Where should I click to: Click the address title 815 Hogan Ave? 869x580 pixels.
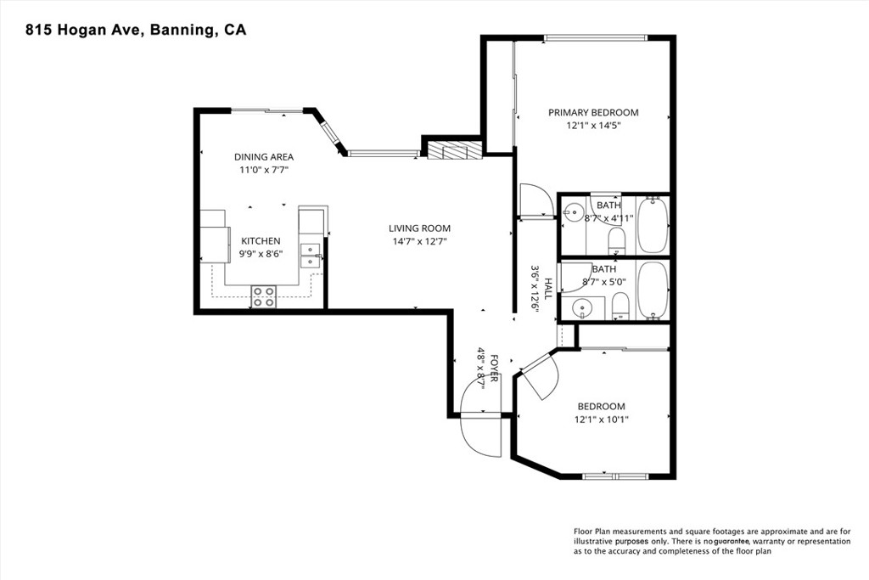coord(85,30)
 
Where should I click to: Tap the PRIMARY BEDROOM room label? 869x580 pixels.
coord(593,113)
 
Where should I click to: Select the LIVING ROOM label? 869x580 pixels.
coord(419,228)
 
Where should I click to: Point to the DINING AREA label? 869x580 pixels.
coord(264,157)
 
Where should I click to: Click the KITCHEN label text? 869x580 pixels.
coord(261,241)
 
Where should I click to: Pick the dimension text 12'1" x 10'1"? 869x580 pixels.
coord(602,420)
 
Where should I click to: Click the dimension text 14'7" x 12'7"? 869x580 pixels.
coord(419,241)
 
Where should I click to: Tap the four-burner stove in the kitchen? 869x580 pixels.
coord(264,296)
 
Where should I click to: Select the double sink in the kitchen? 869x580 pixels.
coord(311,256)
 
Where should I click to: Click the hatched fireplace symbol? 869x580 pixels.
coord(454,150)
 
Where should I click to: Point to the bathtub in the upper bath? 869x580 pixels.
coord(653,224)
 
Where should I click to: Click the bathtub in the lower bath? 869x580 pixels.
coord(653,290)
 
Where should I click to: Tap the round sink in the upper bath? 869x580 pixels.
coord(572,211)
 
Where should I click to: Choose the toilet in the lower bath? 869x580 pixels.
coord(620,307)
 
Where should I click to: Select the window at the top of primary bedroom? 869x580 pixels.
coord(596,37)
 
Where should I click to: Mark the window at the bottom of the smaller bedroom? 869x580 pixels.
coord(616,476)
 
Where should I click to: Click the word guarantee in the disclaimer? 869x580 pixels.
coord(732,541)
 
